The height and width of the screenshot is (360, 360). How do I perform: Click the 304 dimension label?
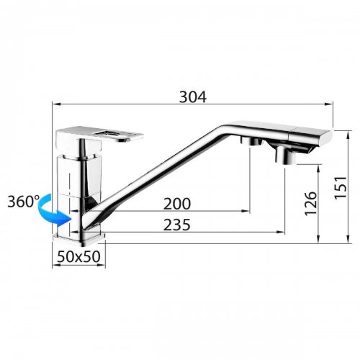coord(193,97)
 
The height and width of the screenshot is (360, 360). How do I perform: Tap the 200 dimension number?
coord(177,204)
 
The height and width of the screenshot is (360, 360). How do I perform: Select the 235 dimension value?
coord(177,225)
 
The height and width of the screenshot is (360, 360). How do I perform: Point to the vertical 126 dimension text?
coord(311,204)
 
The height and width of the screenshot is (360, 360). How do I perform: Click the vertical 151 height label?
coord(341,187)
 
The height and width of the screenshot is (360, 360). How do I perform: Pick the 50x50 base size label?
coord(78,256)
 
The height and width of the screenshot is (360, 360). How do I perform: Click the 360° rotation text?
coord(23,202)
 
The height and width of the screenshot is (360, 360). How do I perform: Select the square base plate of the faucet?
coord(79,240)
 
